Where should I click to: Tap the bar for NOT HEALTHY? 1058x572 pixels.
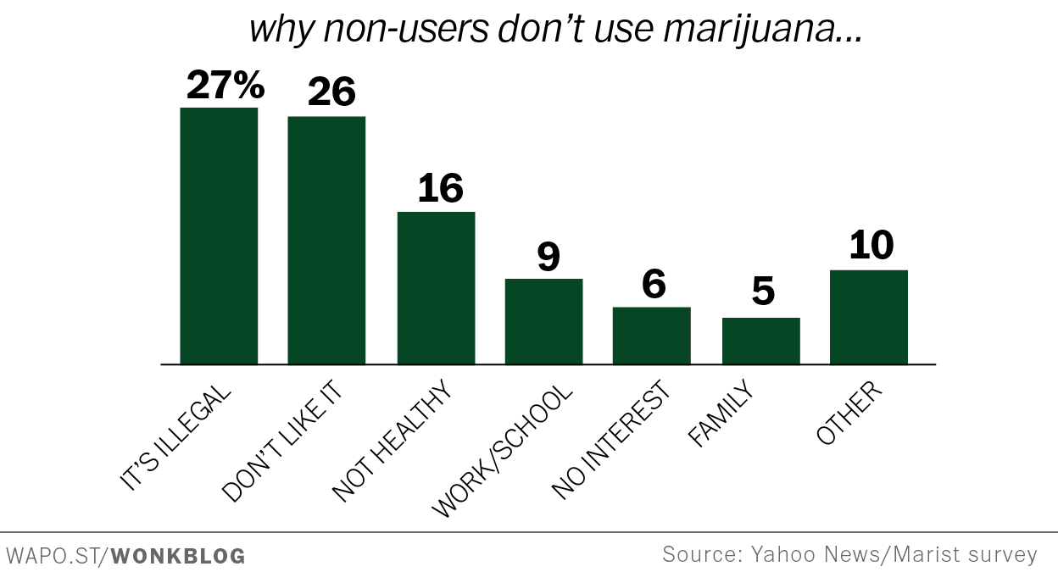436,288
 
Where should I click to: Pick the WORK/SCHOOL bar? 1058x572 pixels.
543,321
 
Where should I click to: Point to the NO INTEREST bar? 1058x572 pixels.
651,336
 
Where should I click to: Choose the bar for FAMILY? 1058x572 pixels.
760,341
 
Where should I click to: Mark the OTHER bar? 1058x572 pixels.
868,317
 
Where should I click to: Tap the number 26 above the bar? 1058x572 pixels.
331,92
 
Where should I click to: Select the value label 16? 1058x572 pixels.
440,188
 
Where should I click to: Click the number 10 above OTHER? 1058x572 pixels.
871,246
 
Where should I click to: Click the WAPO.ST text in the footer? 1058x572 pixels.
53,557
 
